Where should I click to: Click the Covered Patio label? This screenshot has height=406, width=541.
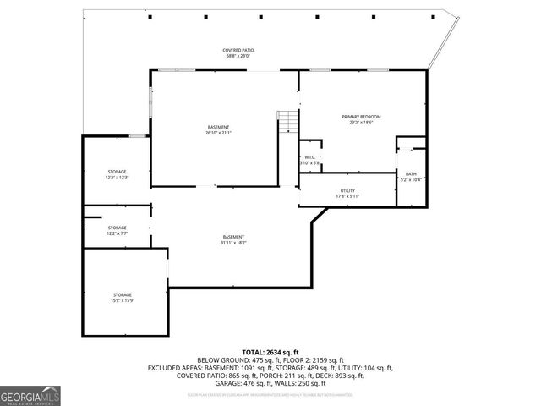point(238,50)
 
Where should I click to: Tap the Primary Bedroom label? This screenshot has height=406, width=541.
point(361,116)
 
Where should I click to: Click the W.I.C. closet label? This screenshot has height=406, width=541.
point(309,157)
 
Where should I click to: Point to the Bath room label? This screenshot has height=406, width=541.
point(411,173)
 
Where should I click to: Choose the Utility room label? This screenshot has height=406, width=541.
point(347,190)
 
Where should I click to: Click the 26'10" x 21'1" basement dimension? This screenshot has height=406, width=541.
point(218,133)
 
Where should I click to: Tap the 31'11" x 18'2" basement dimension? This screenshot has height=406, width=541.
point(234,243)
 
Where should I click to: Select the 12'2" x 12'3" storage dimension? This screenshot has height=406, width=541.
point(117,178)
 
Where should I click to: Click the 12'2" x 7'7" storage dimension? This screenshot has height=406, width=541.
point(117,233)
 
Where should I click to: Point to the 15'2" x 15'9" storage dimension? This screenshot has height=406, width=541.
point(123,300)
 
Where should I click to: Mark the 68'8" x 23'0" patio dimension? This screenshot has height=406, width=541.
point(238,57)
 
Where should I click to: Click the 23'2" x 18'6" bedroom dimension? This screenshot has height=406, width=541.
point(361,123)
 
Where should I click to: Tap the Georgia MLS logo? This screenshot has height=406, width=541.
point(30,395)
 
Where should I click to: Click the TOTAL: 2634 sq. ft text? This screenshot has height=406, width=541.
point(270,351)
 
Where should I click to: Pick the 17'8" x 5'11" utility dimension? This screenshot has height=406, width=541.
point(347,196)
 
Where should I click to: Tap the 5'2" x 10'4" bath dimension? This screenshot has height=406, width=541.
point(411,179)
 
